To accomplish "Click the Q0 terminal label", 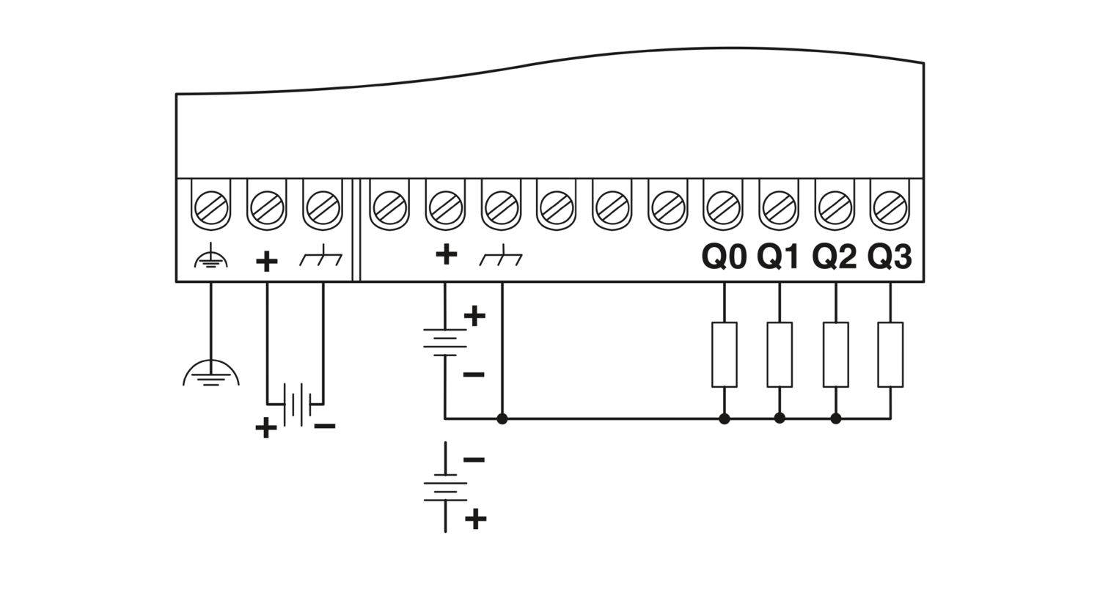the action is point(724,257).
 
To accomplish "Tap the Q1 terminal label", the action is point(779,257).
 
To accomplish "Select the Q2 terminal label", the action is point(835,257).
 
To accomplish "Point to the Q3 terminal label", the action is point(890,257).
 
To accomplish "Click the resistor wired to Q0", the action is point(725,355).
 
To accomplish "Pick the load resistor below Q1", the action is point(780,355).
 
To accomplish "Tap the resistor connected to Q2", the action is point(836,355).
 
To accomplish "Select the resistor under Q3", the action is point(890,355).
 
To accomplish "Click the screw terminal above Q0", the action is point(723,207).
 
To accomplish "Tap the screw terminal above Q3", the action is point(890,207).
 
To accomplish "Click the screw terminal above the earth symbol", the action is point(211,207).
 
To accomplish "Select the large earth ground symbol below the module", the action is point(211,373).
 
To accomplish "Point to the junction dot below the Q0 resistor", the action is point(725,419).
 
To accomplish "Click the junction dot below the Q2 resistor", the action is point(836,419).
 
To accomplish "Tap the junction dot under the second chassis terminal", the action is point(502,419).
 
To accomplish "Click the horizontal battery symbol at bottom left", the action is point(296,405).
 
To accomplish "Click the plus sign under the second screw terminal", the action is point(267,261).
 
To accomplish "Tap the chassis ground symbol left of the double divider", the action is point(320,256).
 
